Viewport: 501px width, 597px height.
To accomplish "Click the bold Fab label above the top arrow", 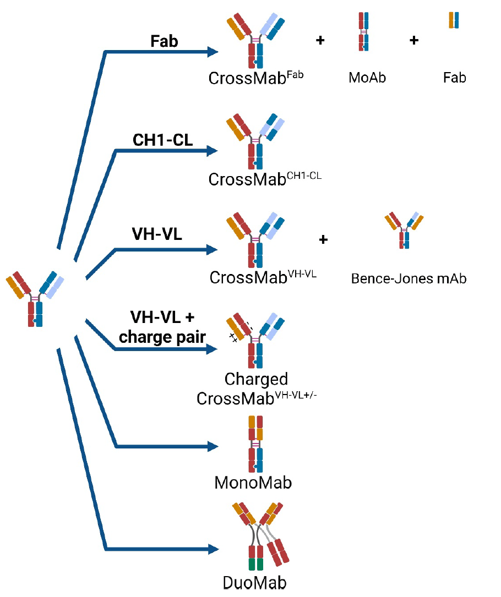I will tap(164, 41).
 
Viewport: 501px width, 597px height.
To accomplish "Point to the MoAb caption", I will tap(367, 78).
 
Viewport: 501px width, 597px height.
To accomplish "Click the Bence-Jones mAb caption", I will tap(409, 278).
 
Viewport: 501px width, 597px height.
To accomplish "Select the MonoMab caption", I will tap(253, 483).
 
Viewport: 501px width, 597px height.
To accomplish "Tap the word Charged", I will tap(256, 379).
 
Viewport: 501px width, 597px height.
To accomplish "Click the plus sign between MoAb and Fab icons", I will tap(414, 40).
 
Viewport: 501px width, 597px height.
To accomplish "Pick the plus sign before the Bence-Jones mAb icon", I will tap(323, 239).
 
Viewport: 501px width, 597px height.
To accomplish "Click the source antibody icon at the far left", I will tap(35, 299).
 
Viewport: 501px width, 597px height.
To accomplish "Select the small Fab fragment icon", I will tap(454, 20).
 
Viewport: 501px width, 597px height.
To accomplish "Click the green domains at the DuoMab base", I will tap(255, 564).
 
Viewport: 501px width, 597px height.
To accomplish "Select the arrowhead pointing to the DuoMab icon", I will tap(214, 549).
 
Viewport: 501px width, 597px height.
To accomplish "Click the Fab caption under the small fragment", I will tap(454, 78).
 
